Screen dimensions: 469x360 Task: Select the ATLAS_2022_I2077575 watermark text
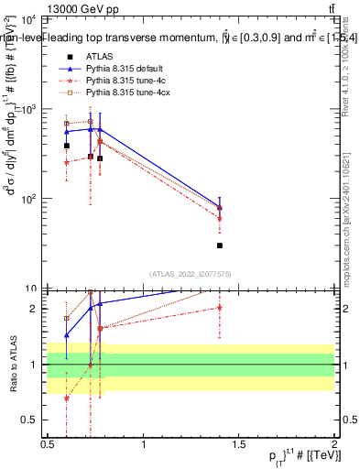pyautogui.click(x=191, y=274)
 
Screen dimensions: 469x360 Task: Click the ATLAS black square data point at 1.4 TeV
pyautogui.click(x=220, y=245)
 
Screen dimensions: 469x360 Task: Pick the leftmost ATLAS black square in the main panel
pyautogui.click(x=67, y=146)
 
